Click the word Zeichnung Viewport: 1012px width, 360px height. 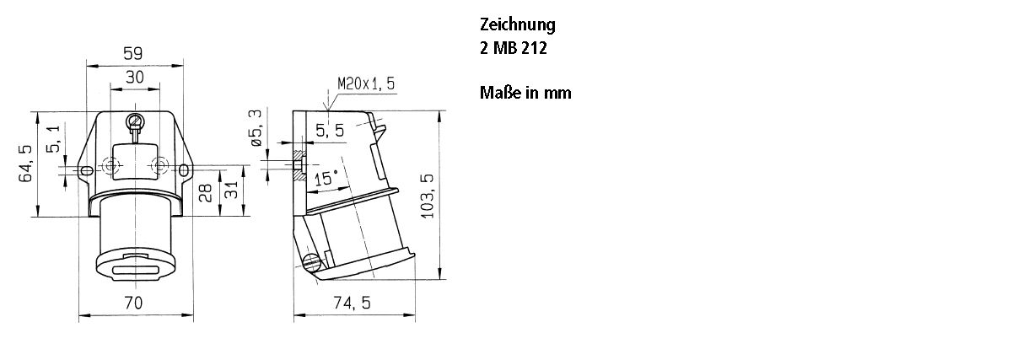(517, 25)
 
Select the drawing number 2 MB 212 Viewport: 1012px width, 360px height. (514, 49)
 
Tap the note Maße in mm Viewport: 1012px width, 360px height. (525, 93)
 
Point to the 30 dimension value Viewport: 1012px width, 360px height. (134, 77)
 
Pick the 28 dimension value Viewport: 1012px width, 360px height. (205, 193)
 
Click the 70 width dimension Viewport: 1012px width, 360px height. (133, 302)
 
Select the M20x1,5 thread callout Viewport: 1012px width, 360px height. (366, 83)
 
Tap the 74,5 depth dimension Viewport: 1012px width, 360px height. (353, 303)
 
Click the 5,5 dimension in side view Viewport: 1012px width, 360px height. (331, 131)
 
